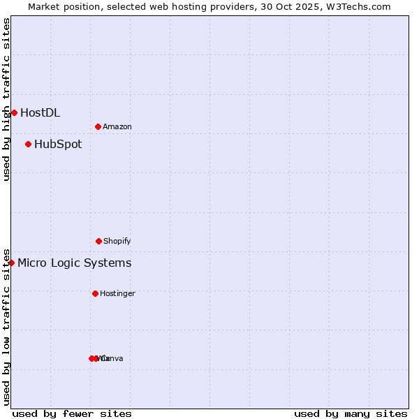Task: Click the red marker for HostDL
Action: tap(14, 112)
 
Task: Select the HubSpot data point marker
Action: tap(28, 144)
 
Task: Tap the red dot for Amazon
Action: tap(98, 126)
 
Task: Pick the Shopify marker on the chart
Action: tap(98, 241)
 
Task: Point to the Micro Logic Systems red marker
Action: tap(11, 263)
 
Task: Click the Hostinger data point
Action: tap(95, 293)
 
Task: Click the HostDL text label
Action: tap(40, 112)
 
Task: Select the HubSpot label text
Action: tap(58, 145)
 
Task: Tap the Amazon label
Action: tap(117, 126)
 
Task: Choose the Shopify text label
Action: tap(117, 241)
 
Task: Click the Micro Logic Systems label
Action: tap(74, 263)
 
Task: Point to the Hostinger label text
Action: tap(117, 293)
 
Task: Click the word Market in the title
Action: tap(45, 6)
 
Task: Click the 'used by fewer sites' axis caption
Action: tap(72, 413)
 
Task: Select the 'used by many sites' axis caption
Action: tap(351, 413)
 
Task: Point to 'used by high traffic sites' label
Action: tap(6, 99)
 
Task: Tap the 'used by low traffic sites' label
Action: tap(6, 326)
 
